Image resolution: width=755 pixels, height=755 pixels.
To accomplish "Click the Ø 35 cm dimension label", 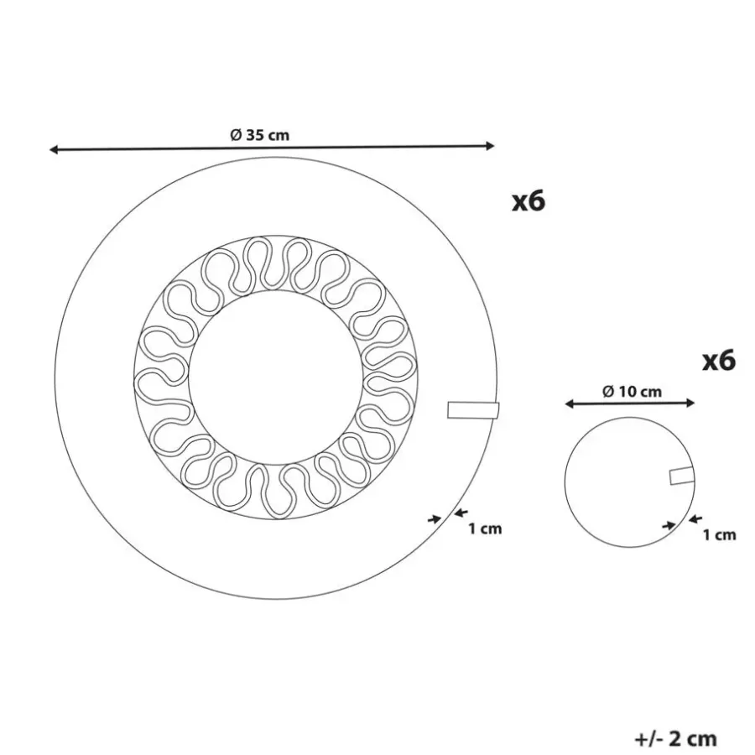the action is (x=259, y=135).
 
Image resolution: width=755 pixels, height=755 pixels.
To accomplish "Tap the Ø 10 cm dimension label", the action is (x=632, y=392).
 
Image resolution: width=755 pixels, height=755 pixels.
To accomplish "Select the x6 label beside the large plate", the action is (x=528, y=200).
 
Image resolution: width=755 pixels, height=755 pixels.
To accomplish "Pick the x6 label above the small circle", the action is (x=719, y=360).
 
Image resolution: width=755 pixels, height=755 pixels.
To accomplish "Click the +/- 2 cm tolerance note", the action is (x=676, y=738).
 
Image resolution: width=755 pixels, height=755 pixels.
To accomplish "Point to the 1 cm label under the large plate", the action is (x=486, y=528).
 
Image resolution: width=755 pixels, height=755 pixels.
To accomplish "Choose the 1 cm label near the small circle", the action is (x=720, y=534).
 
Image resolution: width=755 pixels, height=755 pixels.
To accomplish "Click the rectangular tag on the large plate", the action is (x=473, y=409).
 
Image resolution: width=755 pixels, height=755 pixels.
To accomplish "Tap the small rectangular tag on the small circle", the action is (x=682, y=476).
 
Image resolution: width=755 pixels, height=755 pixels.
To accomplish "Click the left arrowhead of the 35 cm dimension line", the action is (x=54, y=150).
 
